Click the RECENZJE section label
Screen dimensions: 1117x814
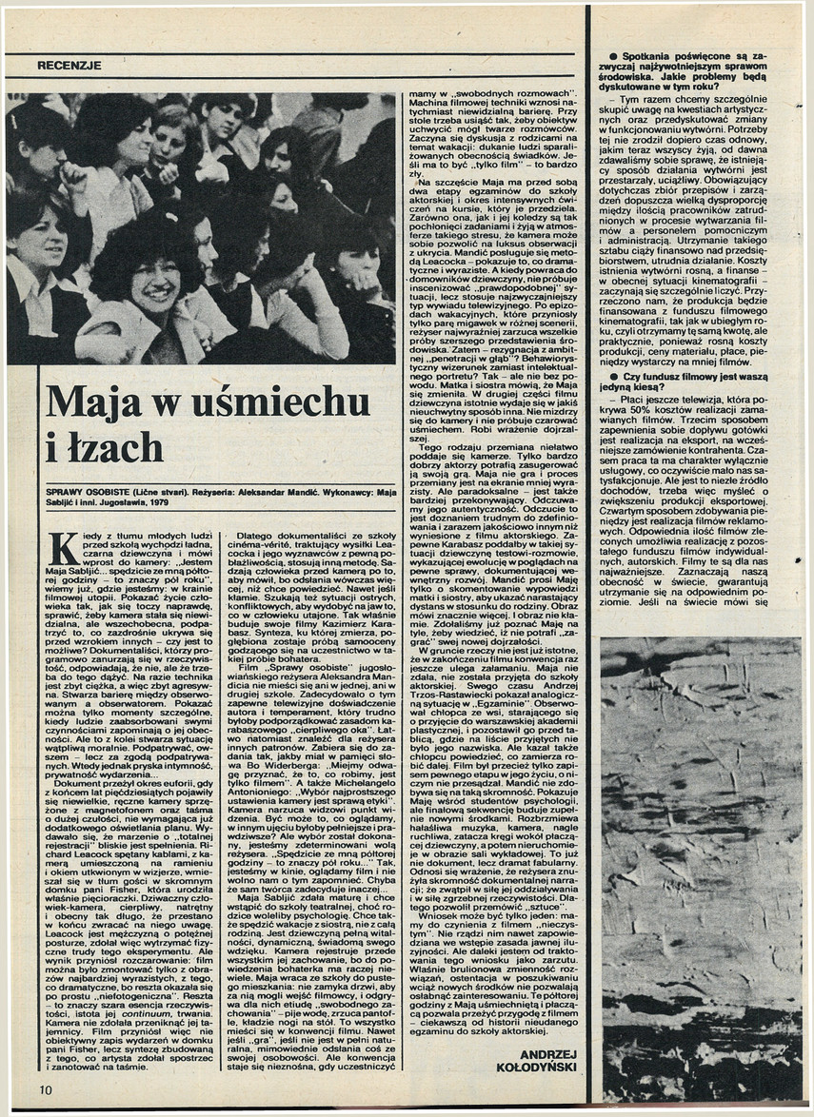(x=69, y=65)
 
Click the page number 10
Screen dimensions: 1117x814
(x=47, y=1088)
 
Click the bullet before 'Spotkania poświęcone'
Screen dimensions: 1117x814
(x=599, y=57)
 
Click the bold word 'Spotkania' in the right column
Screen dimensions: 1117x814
(x=634, y=57)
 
